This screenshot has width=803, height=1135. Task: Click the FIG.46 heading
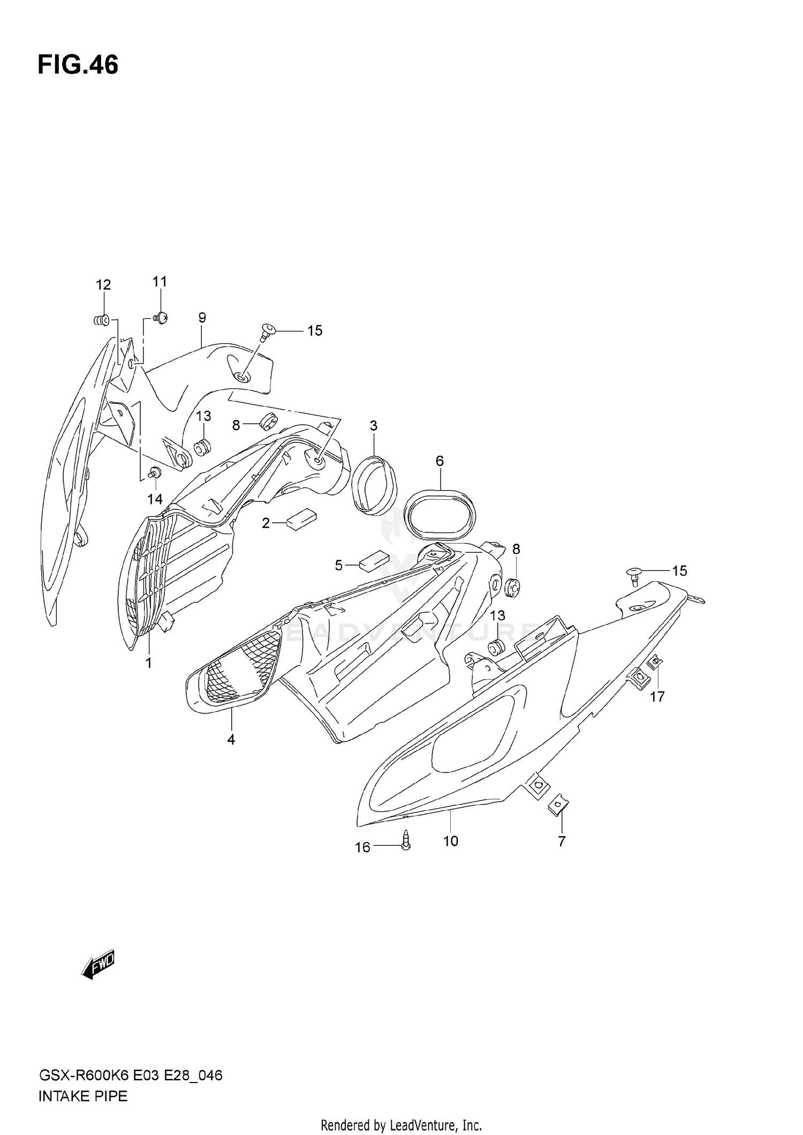(x=78, y=65)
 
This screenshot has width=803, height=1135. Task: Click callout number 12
(x=103, y=285)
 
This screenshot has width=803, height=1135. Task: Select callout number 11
(x=160, y=282)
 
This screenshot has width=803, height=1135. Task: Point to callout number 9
(x=202, y=318)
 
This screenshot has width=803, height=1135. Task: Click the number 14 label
(x=155, y=499)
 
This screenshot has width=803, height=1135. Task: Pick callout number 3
(x=373, y=426)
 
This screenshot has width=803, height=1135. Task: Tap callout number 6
(x=440, y=461)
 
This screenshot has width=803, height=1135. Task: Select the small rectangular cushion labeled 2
(x=302, y=518)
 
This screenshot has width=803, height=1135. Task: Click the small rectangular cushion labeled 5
(x=375, y=560)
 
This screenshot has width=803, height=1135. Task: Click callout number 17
(x=657, y=696)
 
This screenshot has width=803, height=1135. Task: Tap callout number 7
(x=562, y=841)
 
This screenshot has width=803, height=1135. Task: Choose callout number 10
(x=451, y=841)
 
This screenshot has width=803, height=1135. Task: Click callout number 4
(x=231, y=740)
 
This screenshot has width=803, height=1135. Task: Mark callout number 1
(x=148, y=663)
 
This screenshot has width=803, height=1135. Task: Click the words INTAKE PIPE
(x=83, y=1096)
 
